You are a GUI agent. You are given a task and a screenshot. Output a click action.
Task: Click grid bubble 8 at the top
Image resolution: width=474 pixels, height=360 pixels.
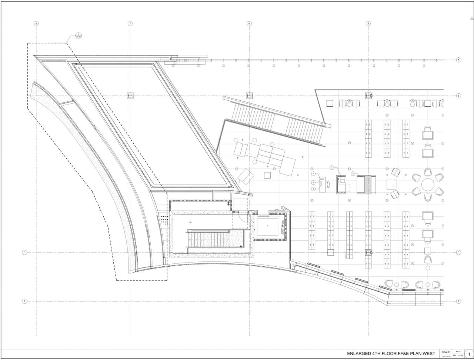coord(36,23)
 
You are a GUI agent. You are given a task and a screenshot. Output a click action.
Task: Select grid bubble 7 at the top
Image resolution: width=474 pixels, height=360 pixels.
coord(130,23)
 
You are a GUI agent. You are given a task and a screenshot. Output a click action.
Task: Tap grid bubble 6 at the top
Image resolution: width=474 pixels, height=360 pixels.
coord(249,23)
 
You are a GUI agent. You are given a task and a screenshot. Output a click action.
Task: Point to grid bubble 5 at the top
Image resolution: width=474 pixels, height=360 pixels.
coord(368,23)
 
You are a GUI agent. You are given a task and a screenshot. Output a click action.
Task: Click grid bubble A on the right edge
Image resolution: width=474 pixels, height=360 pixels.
coord(458,60)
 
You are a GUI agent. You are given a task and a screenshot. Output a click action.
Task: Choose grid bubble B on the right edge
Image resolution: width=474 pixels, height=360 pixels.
coord(458,96)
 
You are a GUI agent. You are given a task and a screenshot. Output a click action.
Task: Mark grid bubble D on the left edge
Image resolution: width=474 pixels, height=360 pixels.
coord(24,301)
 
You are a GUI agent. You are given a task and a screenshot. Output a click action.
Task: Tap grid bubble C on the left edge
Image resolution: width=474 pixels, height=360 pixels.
coord(24,253)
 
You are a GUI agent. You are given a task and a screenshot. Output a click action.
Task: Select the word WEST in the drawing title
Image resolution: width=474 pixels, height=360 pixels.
coord(428,354)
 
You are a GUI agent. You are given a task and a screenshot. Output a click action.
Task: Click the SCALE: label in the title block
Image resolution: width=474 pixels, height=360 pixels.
coord(446,352)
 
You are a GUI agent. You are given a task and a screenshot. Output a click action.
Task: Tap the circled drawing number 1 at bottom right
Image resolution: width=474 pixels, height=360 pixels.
coord(469,354)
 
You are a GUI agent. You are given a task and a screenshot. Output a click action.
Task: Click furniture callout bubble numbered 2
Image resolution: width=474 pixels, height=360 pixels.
coord(332,168)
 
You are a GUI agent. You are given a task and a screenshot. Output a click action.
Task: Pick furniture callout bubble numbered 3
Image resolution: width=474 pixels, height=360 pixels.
coord(353,173)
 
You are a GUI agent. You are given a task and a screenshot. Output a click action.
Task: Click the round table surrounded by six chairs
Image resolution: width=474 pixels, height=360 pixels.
coord(428,184)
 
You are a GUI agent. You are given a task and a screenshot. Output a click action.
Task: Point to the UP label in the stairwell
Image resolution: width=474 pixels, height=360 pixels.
coord(190,222)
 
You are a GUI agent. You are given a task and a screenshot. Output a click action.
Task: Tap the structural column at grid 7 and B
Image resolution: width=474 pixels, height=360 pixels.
coord(130,96)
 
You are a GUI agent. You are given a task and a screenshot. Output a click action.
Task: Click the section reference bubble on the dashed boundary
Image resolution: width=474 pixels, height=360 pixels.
coord(78,36)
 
